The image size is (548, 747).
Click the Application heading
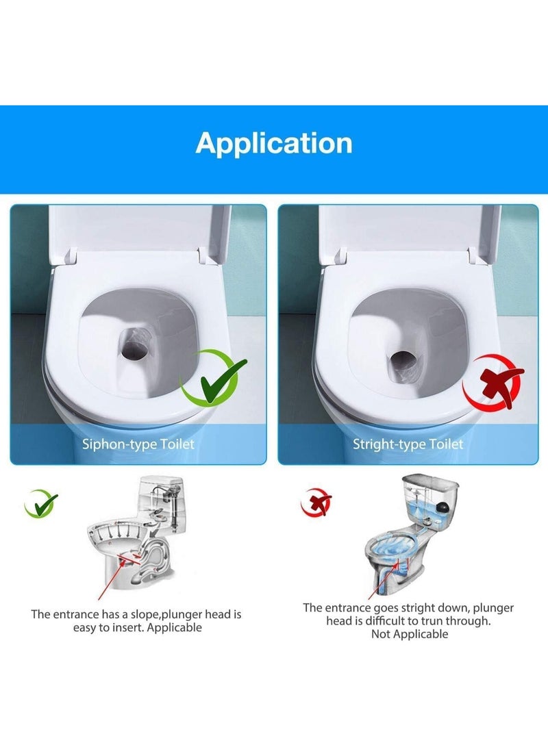274,143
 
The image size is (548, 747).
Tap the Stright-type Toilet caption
408,444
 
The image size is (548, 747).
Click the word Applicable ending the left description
175,627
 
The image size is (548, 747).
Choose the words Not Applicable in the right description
409,634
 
